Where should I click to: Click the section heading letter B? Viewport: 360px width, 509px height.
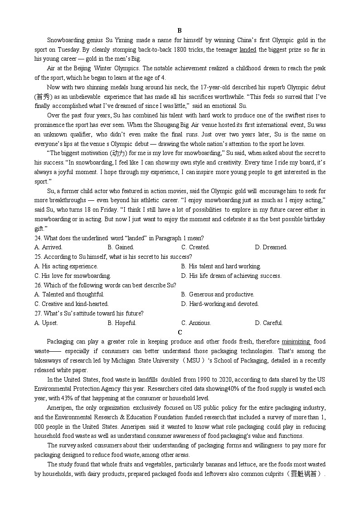(180, 31)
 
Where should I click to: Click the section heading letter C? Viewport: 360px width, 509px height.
(180, 332)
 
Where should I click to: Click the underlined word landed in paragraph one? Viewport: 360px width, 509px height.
(248, 50)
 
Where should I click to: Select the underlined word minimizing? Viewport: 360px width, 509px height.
(296, 342)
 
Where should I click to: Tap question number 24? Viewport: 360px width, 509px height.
(38, 238)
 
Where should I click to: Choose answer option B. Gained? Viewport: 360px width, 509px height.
(121, 247)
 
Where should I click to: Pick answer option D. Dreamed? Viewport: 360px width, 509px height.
(271, 247)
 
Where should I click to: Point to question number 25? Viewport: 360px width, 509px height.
(38, 257)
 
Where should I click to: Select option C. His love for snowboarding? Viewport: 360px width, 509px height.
(73, 276)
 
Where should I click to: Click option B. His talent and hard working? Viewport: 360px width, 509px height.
(221, 267)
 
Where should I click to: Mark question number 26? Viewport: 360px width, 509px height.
(38, 285)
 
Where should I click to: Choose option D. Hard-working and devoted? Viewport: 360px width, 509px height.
(220, 304)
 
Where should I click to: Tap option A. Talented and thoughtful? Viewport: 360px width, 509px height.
(69, 295)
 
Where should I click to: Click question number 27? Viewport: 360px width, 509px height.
(38, 313)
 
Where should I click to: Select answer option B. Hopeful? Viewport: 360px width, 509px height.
(122, 323)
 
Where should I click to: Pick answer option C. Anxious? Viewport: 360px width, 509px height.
(196, 323)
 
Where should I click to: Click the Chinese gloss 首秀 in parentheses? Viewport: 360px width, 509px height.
(44, 97)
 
